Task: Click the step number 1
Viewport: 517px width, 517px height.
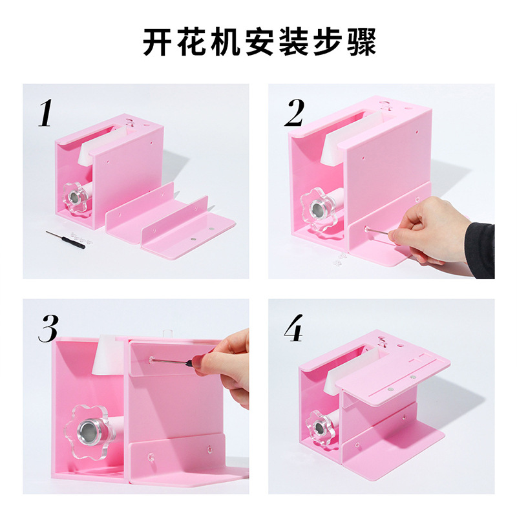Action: [x=45, y=113]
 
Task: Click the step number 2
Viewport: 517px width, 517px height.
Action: [x=293, y=112]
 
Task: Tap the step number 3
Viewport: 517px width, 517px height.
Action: [x=48, y=328]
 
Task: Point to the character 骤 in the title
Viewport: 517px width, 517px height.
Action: [x=362, y=42]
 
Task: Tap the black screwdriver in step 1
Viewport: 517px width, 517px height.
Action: [x=65, y=239]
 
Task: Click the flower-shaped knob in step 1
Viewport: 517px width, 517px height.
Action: [x=75, y=197]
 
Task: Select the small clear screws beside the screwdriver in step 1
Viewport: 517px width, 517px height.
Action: [x=79, y=237]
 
